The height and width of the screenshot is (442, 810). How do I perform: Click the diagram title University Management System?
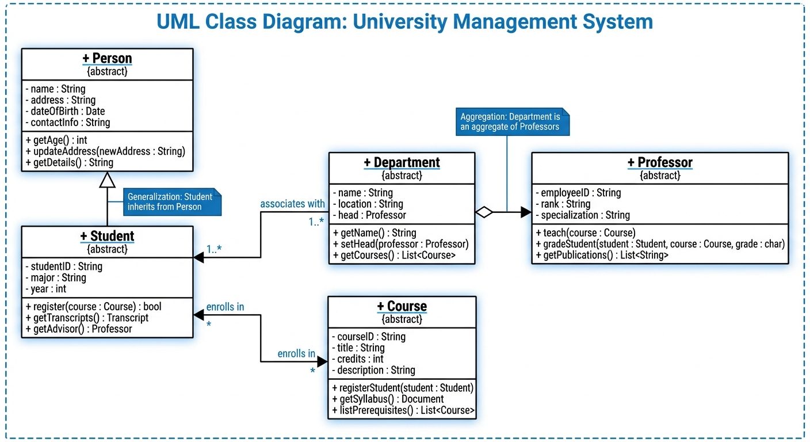pos(404,22)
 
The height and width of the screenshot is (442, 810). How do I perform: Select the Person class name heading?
pos(107,59)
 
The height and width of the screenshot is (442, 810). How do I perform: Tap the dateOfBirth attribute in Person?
pos(65,111)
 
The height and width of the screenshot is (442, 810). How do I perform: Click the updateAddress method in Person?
pos(105,151)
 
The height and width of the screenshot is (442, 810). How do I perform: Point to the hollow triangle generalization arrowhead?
pos(107,180)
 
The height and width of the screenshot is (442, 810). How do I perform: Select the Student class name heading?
pos(107,236)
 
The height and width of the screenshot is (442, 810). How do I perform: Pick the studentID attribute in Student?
pos(64,266)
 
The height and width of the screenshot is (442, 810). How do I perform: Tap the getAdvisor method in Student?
pos(79,329)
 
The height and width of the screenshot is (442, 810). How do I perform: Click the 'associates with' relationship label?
pos(292,204)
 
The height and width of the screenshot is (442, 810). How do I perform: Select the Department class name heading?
pos(402,163)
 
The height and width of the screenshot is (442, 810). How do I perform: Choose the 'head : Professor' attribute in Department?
pos(369,215)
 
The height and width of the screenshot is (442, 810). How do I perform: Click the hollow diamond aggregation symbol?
pos(484,212)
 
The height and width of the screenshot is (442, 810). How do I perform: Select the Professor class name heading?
pos(659,163)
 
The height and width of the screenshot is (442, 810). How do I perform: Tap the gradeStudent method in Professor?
pos(660,244)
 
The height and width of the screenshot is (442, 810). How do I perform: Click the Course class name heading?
pos(402,306)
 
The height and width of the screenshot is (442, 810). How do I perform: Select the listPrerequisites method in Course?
pos(403,410)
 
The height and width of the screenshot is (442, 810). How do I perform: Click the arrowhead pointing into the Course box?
pos(322,361)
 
